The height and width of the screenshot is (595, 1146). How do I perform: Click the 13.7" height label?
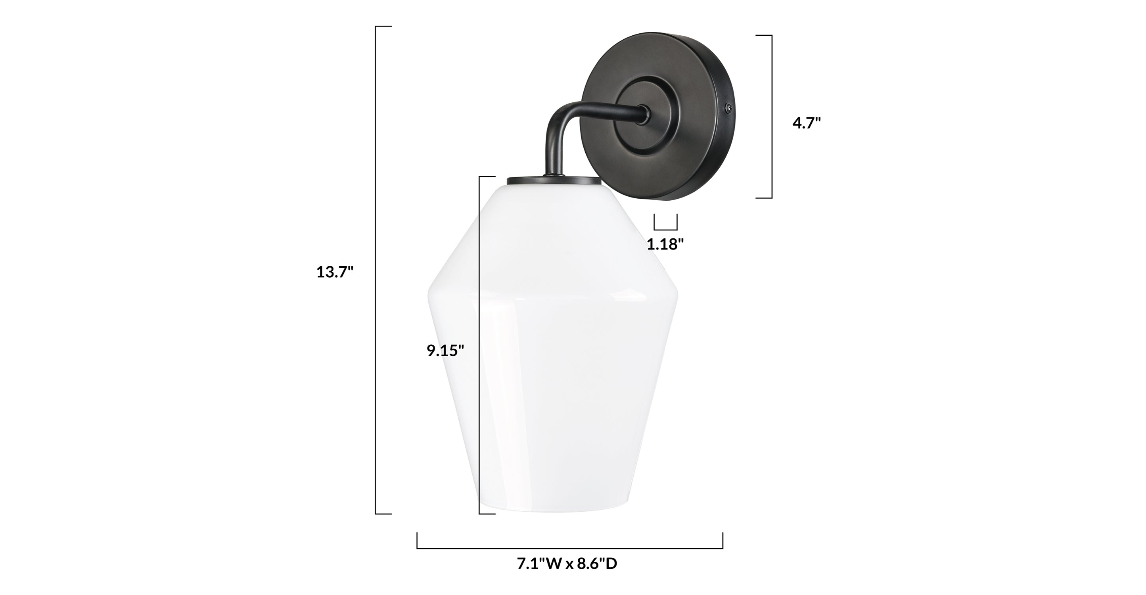[x=335, y=272]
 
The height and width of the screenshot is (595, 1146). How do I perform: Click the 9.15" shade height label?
[x=445, y=351]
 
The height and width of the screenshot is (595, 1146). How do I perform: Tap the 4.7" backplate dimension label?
[x=806, y=123]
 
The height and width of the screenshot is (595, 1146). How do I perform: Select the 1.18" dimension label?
[x=665, y=244]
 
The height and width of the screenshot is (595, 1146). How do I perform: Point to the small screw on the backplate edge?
[x=728, y=107]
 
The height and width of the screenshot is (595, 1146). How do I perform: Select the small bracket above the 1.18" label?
[x=665, y=229]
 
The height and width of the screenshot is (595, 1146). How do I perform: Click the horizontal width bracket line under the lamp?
[x=569, y=548]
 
